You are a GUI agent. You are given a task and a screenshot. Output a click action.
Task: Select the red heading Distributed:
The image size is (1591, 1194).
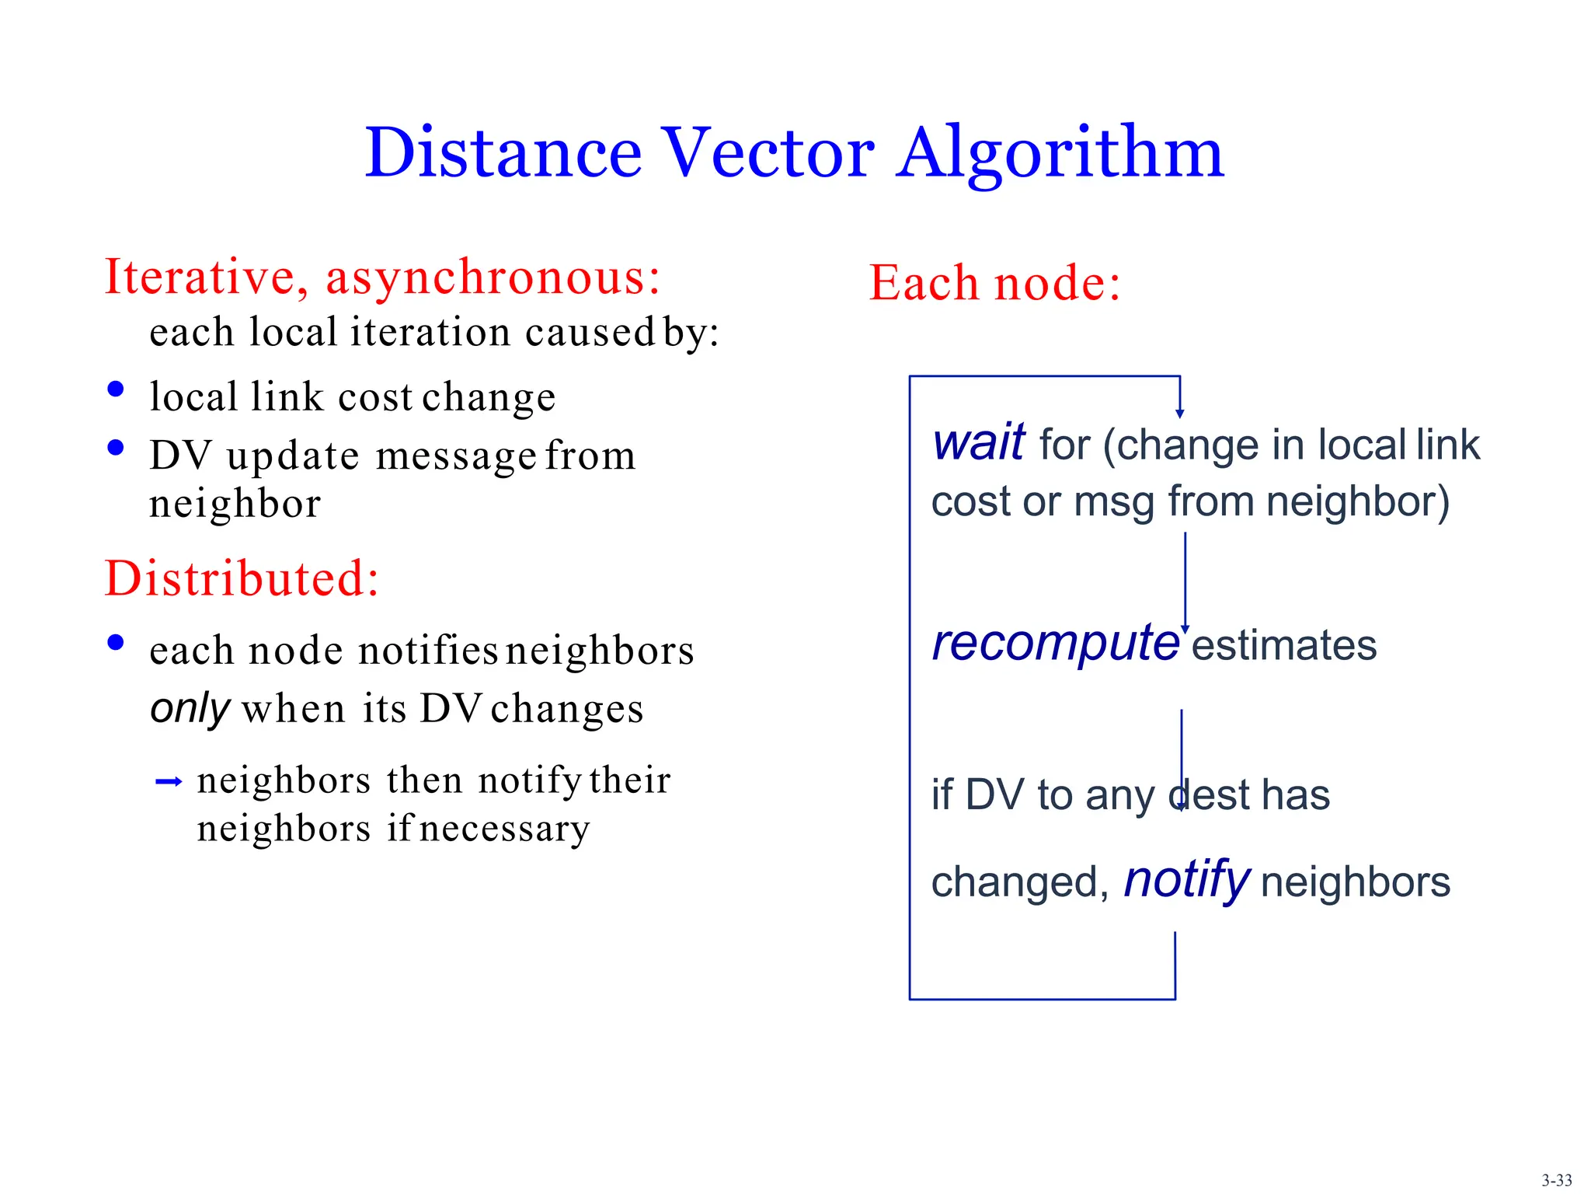pos(242,578)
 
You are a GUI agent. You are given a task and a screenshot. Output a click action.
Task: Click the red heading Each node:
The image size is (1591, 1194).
pos(994,282)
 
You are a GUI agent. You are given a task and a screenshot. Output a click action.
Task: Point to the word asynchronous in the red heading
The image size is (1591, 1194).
pos(493,277)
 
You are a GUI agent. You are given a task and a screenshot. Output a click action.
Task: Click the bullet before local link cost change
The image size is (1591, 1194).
pos(116,389)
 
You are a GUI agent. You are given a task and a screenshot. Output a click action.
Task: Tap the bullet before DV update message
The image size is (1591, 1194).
pos(116,447)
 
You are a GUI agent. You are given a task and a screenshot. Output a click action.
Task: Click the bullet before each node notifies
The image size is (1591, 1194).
pos(116,642)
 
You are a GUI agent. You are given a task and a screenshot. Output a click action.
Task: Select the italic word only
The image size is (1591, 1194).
pos(190,709)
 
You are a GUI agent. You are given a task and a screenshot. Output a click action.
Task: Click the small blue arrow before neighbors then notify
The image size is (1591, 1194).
pos(169,781)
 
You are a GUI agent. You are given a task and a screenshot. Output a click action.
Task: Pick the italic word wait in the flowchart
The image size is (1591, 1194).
pos(978,443)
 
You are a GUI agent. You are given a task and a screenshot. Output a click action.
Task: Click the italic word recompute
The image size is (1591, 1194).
pos(1055,644)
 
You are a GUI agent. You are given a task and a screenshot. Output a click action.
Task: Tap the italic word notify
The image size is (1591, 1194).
pos(1186,880)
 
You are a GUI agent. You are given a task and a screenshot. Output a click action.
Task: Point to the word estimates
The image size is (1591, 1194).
pos(1283,646)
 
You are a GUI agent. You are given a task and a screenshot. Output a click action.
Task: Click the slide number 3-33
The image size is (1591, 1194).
pos(1556,1180)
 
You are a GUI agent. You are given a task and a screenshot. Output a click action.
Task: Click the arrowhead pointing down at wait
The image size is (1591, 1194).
pos(1179,414)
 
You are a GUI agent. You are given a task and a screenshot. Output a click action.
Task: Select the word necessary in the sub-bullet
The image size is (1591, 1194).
pos(504,829)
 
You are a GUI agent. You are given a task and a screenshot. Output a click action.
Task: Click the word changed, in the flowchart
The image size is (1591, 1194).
pos(1020,883)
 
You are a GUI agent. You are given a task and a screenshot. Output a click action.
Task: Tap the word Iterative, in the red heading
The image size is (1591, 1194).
pos(207,277)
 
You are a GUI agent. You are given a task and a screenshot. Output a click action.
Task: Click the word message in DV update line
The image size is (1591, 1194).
pos(456,456)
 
